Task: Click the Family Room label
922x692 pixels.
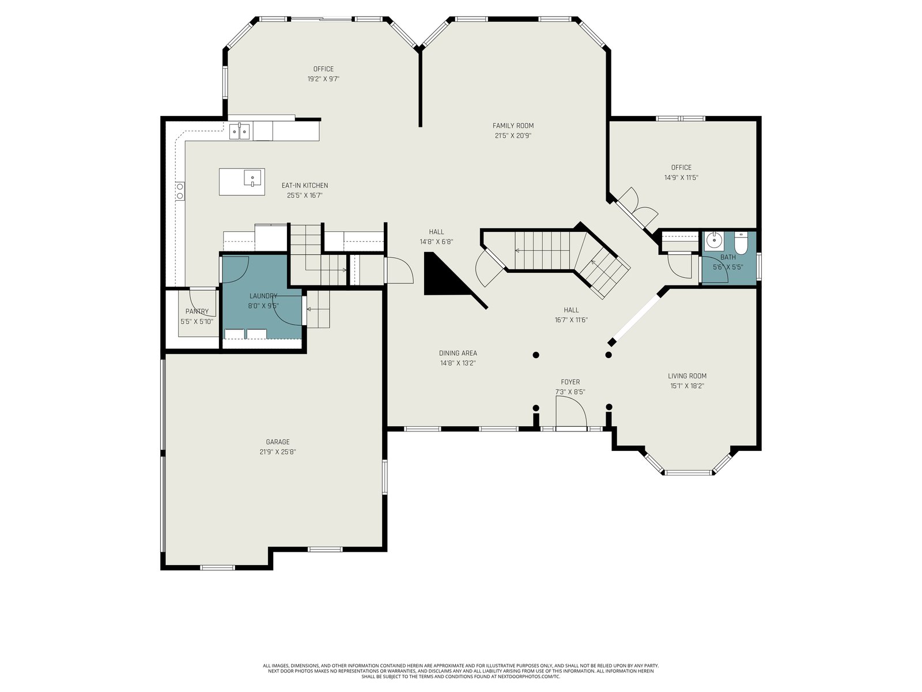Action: tap(513, 126)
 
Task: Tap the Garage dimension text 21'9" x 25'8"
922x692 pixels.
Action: tap(278, 452)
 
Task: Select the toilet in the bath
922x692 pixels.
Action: tap(741, 244)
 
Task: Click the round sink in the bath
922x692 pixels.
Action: tap(713, 240)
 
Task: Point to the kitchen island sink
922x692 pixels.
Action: tap(252, 178)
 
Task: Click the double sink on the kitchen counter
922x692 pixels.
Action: tap(239, 131)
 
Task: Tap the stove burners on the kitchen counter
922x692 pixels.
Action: tap(180, 191)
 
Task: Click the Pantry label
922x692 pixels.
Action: tap(197, 311)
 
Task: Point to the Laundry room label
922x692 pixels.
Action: tap(263, 296)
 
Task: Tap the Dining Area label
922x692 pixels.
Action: tap(458, 353)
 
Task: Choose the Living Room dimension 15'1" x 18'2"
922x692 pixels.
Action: tap(687, 386)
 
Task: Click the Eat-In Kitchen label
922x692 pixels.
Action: tap(304, 185)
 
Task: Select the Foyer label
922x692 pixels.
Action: tap(570, 382)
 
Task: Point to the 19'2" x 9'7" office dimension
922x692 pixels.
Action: tap(323, 78)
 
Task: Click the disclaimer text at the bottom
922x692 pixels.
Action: tap(461, 671)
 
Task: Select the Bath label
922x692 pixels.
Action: tap(728, 257)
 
